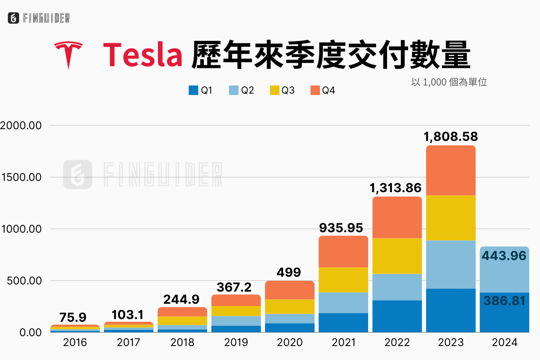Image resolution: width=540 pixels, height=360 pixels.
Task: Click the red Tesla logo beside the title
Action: [68, 54]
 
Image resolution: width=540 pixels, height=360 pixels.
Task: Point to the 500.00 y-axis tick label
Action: [25, 281]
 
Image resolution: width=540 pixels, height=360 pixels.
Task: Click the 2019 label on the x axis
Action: [236, 343]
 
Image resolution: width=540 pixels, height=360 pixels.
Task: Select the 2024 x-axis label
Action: [505, 343]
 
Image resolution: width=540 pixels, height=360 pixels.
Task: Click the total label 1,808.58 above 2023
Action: [451, 137]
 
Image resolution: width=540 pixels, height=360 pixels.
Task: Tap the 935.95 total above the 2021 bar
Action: [343, 228]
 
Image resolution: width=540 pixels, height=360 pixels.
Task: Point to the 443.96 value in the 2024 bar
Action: [504, 256]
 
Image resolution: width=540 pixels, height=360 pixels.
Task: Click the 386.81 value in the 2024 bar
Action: [504, 301]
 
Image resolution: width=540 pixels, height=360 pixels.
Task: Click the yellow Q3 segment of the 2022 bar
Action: [397, 256]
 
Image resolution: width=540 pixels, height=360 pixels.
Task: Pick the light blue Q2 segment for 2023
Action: [451, 265]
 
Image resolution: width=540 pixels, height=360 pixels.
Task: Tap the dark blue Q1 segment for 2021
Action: [343, 323]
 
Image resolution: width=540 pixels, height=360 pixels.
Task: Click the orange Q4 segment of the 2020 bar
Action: [290, 290]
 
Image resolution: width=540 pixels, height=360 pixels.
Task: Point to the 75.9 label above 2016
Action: [73, 318]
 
